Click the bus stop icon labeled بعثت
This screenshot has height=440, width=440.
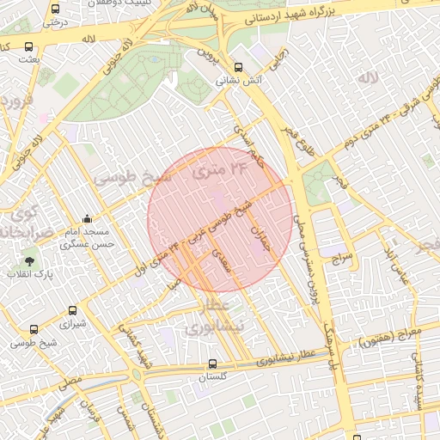coord(29,47)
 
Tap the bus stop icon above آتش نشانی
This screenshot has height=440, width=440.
coord(239,66)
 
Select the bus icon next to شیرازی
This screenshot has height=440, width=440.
coord(72,311)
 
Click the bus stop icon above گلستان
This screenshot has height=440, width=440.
coord(212,364)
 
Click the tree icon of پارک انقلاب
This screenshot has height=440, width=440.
coord(30,260)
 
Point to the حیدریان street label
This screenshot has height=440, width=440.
coord(258,232)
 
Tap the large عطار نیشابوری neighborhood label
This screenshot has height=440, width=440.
coord(215,317)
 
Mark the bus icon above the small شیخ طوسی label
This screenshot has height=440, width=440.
coord(34,329)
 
